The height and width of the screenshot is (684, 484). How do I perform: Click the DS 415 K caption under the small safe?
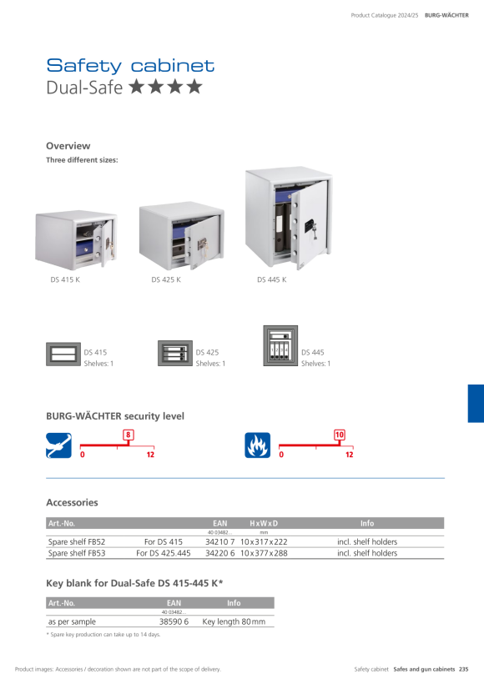pyautogui.click(x=65, y=279)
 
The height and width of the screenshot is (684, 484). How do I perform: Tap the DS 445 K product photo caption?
pyautogui.click(x=271, y=279)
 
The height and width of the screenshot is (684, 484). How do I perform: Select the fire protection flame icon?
pyautogui.click(x=258, y=445)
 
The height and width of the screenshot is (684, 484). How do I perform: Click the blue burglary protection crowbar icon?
pyautogui.click(x=59, y=445)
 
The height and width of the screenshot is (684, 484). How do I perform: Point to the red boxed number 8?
pyautogui.click(x=128, y=435)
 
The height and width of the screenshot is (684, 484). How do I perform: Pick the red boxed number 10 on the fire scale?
pyautogui.click(x=340, y=435)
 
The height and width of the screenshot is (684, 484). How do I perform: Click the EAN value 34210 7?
pyautogui.click(x=220, y=542)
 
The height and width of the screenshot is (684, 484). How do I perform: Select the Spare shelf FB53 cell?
pyautogui.click(x=77, y=553)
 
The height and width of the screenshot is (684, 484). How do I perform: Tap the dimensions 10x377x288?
pyautogui.click(x=264, y=553)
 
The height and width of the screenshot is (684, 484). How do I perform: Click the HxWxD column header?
pyautogui.click(x=264, y=523)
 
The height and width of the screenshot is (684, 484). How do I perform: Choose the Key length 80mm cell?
pyautogui.click(x=234, y=621)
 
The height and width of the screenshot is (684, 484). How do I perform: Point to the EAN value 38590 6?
pyautogui.click(x=174, y=621)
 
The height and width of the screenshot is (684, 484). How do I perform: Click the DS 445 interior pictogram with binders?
pyautogui.click(x=280, y=346)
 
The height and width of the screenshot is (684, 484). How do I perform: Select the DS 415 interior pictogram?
pyautogui.click(x=63, y=355)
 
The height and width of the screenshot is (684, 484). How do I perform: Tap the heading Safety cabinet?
pyautogui.click(x=130, y=66)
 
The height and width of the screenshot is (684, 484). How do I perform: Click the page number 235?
pyautogui.click(x=463, y=669)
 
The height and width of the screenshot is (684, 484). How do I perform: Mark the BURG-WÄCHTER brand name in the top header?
pyautogui.click(x=446, y=15)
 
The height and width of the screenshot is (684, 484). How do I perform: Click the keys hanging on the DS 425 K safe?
pyautogui.click(x=202, y=245)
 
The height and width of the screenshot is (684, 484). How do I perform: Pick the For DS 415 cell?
pyautogui.click(x=164, y=542)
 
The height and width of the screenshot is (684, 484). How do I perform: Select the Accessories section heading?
pyautogui.click(x=72, y=502)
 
